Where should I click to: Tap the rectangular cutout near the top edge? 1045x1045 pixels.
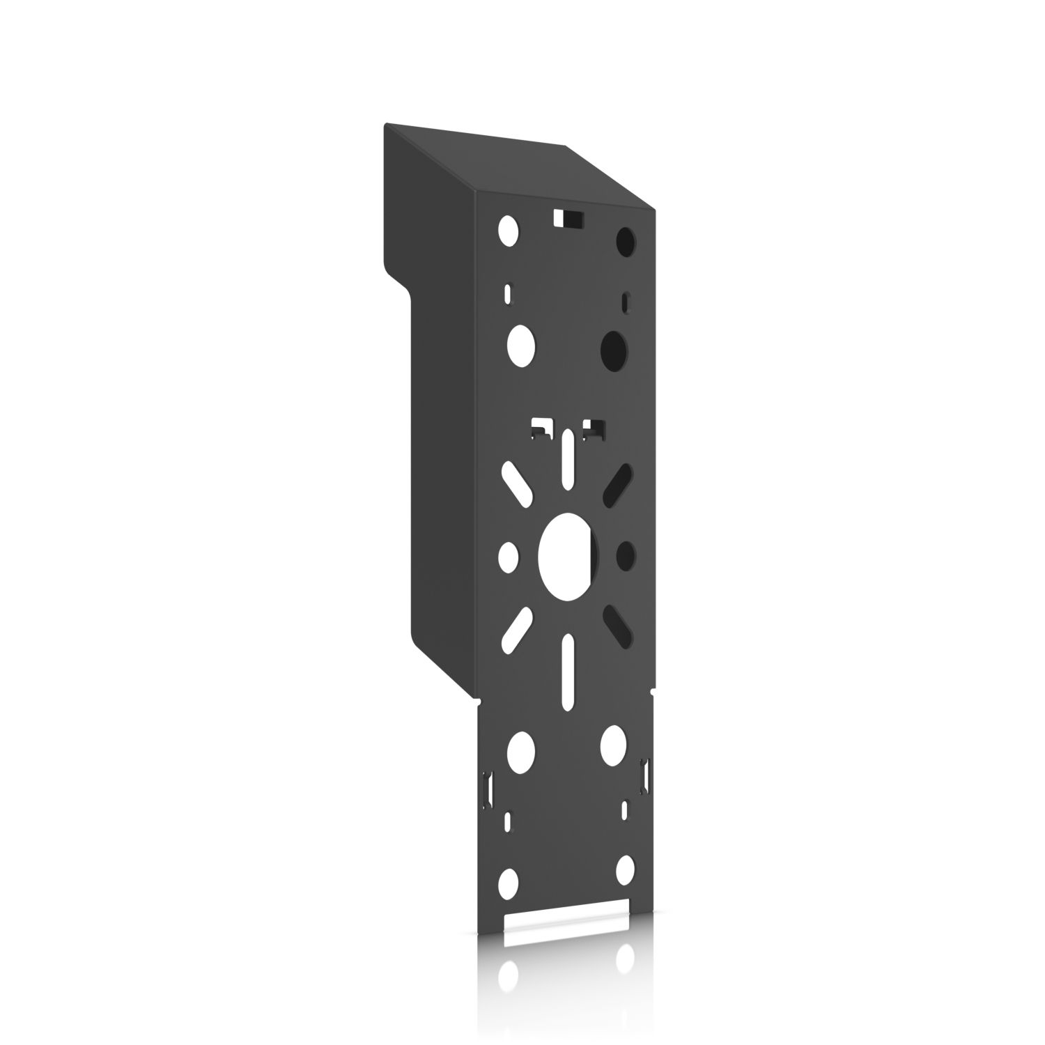(568, 218)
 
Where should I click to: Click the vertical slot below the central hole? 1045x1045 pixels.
(568, 672)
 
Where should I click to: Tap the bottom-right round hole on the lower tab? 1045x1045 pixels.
(625, 869)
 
